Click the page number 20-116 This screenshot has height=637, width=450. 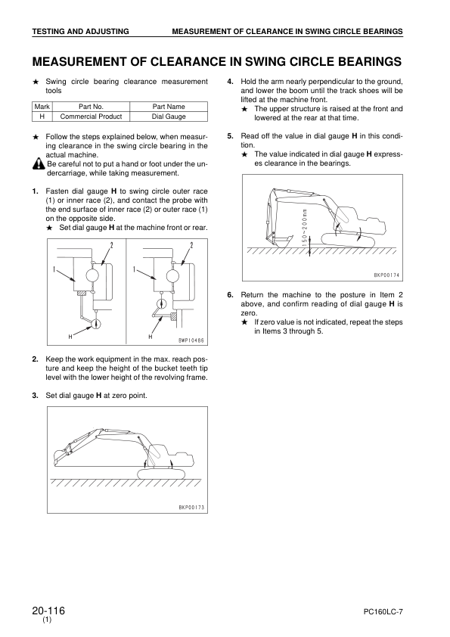tap(48, 611)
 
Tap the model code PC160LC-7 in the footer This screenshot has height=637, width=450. tap(383, 612)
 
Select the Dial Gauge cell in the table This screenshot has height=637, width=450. tap(169, 117)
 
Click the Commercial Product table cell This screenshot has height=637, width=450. tap(91, 117)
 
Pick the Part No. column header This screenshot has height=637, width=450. tap(91, 107)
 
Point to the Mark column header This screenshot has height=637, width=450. tap(42, 107)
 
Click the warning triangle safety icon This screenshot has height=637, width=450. tap(39, 163)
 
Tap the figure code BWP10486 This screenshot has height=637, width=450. tap(191, 340)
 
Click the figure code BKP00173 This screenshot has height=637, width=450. tap(191, 508)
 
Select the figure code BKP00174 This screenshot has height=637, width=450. tap(386, 275)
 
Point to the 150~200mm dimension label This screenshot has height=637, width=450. tap(305, 228)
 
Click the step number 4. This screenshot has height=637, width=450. tap(230, 81)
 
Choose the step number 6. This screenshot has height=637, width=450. tap(230, 295)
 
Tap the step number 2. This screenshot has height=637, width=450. tap(35, 359)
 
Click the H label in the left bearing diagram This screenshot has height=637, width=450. tap(70, 337)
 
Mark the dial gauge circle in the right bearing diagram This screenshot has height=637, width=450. tap(162, 303)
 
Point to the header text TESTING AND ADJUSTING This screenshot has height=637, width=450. tap(80, 31)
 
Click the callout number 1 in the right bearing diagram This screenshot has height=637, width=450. tap(134, 269)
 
